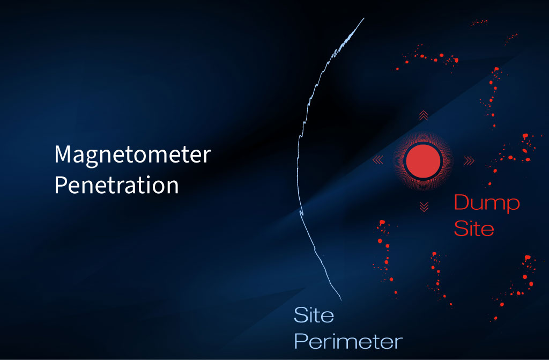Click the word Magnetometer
pyautogui.click(x=132, y=156)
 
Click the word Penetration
pyautogui.click(x=116, y=186)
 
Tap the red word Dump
pyautogui.click(x=487, y=204)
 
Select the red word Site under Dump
pyautogui.click(x=473, y=229)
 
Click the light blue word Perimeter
pyautogui.click(x=348, y=341)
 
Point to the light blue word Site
pyautogui.click(x=314, y=315)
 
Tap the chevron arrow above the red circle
pyautogui.click(x=423, y=114)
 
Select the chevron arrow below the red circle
pyautogui.click(x=424, y=206)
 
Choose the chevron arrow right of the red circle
pyautogui.click(x=469, y=159)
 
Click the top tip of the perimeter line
pyautogui.click(x=364, y=18)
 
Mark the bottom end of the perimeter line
pyautogui.click(x=340, y=299)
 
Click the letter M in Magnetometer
pyautogui.click(x=64, y=155)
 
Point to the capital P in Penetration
pyautogui.click(x=61, y=186)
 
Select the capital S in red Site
pyautogui.click(x=461, y=229)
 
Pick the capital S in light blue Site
pyautogui.click(x=300, y=315)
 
